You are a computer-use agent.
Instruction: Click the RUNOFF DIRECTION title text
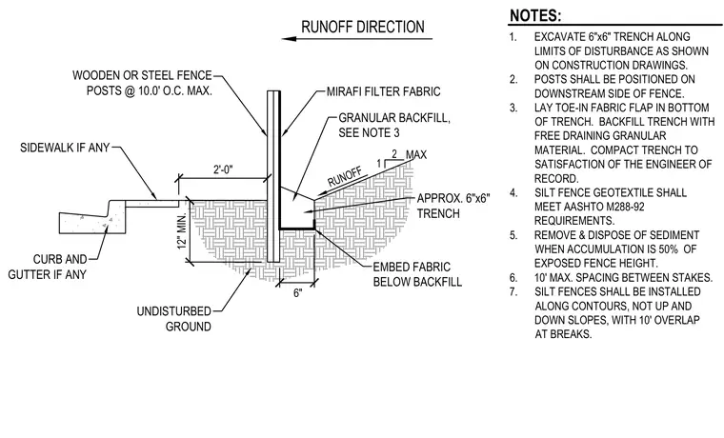pos(362,27)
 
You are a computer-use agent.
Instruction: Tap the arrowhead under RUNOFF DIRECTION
pos(289,39)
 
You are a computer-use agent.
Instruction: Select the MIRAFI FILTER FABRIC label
pos(383,91)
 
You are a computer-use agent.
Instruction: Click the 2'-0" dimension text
pos(223,169)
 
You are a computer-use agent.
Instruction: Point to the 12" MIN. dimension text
pos(182,230)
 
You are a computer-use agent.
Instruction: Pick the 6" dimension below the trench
pos(298,292)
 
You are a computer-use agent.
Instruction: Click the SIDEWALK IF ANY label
pos(65,148)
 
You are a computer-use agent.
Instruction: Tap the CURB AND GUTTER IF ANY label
pos(47,267)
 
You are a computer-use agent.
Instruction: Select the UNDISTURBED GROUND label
pos(174,319)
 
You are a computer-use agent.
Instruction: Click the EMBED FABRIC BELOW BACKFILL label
pos(417,274)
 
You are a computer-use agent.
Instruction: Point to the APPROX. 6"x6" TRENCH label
pos(453,206)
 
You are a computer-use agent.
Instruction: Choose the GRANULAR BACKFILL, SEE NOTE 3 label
pos(394,125)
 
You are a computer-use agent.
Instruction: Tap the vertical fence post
pos(273,176)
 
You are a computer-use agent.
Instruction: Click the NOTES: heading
pos(535,15)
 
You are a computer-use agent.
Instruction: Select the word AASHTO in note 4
pos(582,207)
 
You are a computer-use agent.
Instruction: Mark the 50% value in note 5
pos(668,249)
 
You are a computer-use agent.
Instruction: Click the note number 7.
pos(513,291)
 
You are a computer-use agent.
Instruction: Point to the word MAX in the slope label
pos(416,154)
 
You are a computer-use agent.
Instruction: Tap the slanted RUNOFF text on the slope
pos(346,177)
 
